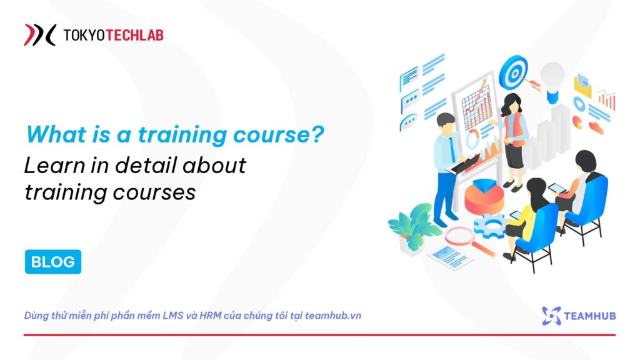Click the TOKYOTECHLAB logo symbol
(39, 35)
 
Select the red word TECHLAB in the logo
(135, 36)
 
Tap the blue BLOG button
(53, 262)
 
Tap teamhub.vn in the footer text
(333, 316)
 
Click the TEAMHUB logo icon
(551, 316)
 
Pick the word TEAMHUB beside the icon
(590, 316)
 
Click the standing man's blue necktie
(452, 149)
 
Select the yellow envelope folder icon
(582, 85)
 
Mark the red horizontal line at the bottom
(319, 335)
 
